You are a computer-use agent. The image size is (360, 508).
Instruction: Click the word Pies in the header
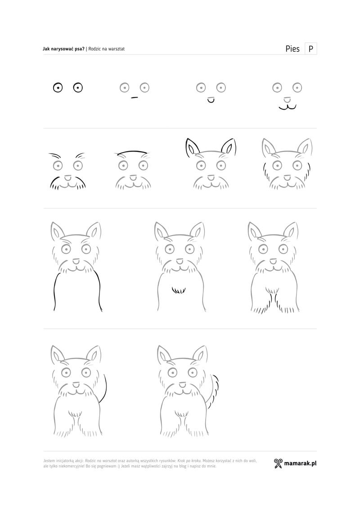click(x=292, y=49)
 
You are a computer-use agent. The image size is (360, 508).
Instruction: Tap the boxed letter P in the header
click(x=310, y=49)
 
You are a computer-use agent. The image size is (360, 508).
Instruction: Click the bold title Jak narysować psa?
click(x=63, y=49)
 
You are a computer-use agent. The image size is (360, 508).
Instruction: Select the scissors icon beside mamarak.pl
click(x=278, y=463)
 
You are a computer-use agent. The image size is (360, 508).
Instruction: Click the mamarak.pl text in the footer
click(x=300, y=463)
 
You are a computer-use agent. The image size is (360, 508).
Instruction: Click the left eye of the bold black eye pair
click(x=58, y=88)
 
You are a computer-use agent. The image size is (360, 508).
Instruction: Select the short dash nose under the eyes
click(x=135, y=97)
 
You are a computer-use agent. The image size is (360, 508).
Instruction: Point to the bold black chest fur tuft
click(x=178, y=290)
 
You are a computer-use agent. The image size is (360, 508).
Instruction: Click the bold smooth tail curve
click(x=104, y=388)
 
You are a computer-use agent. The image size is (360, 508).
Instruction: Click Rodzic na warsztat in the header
click(x=107, y=49)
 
